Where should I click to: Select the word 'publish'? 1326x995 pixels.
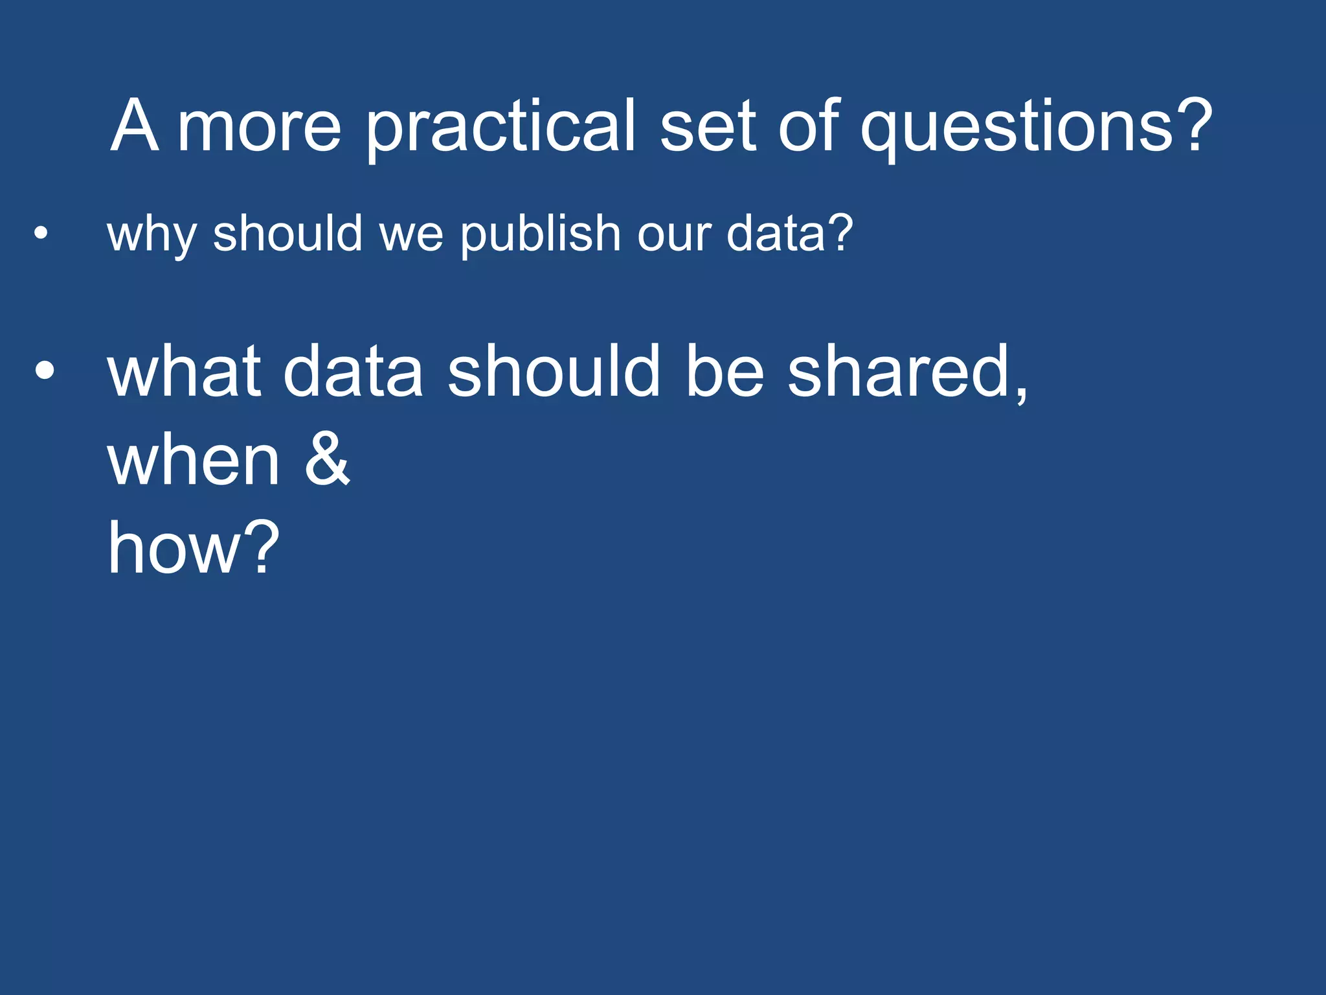pyautogui.click(x=541, y=234)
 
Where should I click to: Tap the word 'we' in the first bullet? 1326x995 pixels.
pyautogui.click(x=412, y=234)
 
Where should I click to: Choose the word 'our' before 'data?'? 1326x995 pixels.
pyautogui.click(x=674, y=234)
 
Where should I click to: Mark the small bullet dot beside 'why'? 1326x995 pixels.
pyautogui.click(x=41, y=233)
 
